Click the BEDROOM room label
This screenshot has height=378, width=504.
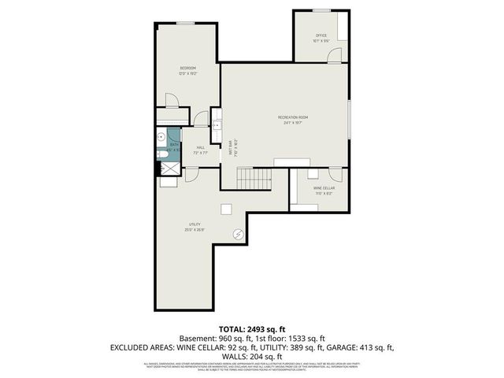[187, 69]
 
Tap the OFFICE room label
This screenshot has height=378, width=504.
[321, 35]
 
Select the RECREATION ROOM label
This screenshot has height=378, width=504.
[292, 117]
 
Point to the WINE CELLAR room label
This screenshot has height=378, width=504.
[324, 188]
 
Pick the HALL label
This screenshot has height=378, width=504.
[200, 147]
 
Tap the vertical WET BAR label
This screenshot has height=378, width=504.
[231, 149]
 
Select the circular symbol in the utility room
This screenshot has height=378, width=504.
[239, 233]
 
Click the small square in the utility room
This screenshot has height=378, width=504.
[227, 209]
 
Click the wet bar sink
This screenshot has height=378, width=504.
[217, 124]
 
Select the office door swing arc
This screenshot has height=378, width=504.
[335, 54]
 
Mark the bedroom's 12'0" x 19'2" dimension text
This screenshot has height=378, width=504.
[187, 74]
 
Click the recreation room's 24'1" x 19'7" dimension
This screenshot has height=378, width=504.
[292, 123]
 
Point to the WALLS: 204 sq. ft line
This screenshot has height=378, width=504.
[252, 355]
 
